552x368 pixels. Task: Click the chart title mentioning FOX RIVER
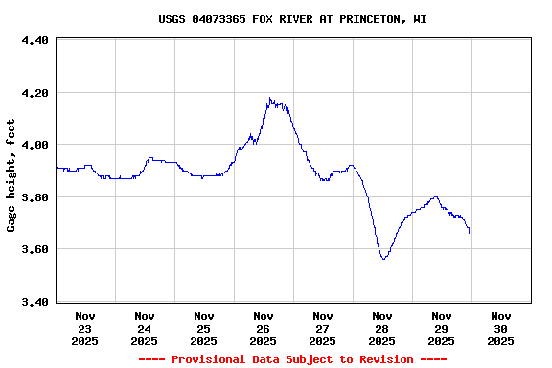(292, 18)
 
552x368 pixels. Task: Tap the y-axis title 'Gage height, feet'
(11, 175)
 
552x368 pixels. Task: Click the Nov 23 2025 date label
(85, 328)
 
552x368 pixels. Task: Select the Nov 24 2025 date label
(145, 328)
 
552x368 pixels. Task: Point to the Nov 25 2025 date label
(204, 328)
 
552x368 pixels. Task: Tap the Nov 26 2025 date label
(264, 328)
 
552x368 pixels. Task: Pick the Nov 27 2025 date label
(323, 328)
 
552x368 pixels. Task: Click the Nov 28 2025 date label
(382, 328)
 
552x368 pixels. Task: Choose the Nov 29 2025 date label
(442, 328)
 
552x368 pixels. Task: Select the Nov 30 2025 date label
(501, 328)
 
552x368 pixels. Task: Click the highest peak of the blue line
(270, 98)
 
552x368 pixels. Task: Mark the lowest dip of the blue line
(384, 259)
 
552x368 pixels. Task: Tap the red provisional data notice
(292, 359)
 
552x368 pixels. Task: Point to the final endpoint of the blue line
(469, 232)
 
